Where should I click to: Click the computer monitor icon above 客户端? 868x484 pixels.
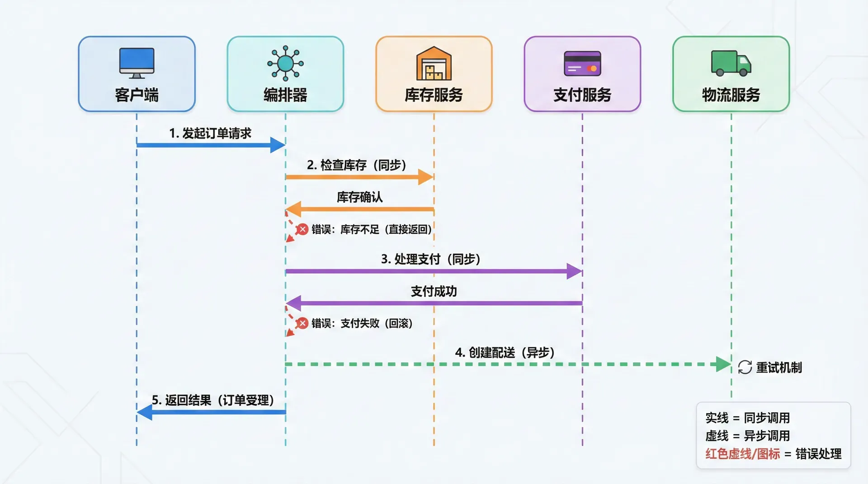pos(137,63)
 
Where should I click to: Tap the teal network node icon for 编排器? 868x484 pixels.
pos(285,63)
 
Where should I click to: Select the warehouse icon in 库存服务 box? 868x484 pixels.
pos(434,64)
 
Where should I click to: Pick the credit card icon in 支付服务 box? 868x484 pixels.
pos(582,64)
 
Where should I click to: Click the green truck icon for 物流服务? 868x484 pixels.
pos(731,63)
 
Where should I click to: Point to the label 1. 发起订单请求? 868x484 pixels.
pos(210,133)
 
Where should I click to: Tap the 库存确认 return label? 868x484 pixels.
pos(360,197)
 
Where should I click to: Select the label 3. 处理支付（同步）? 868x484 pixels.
pos(430,259)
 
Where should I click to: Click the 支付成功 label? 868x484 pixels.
pos(434,291)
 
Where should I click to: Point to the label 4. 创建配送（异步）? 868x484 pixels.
pos(505,353)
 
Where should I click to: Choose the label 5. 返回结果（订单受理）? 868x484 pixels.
pos(213,400)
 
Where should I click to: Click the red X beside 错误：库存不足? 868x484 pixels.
pos(302,229)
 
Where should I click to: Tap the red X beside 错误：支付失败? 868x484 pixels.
pos(302,323)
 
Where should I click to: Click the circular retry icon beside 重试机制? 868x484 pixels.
pos(745,368)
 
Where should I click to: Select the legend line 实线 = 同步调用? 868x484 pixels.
pos(747,418)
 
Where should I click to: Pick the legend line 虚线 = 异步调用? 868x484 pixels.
pos(747,436)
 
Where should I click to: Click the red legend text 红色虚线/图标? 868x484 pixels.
pos(742,454)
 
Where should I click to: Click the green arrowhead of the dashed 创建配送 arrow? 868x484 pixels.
pos(723,364)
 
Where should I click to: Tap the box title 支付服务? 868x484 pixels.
pos(582,95)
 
